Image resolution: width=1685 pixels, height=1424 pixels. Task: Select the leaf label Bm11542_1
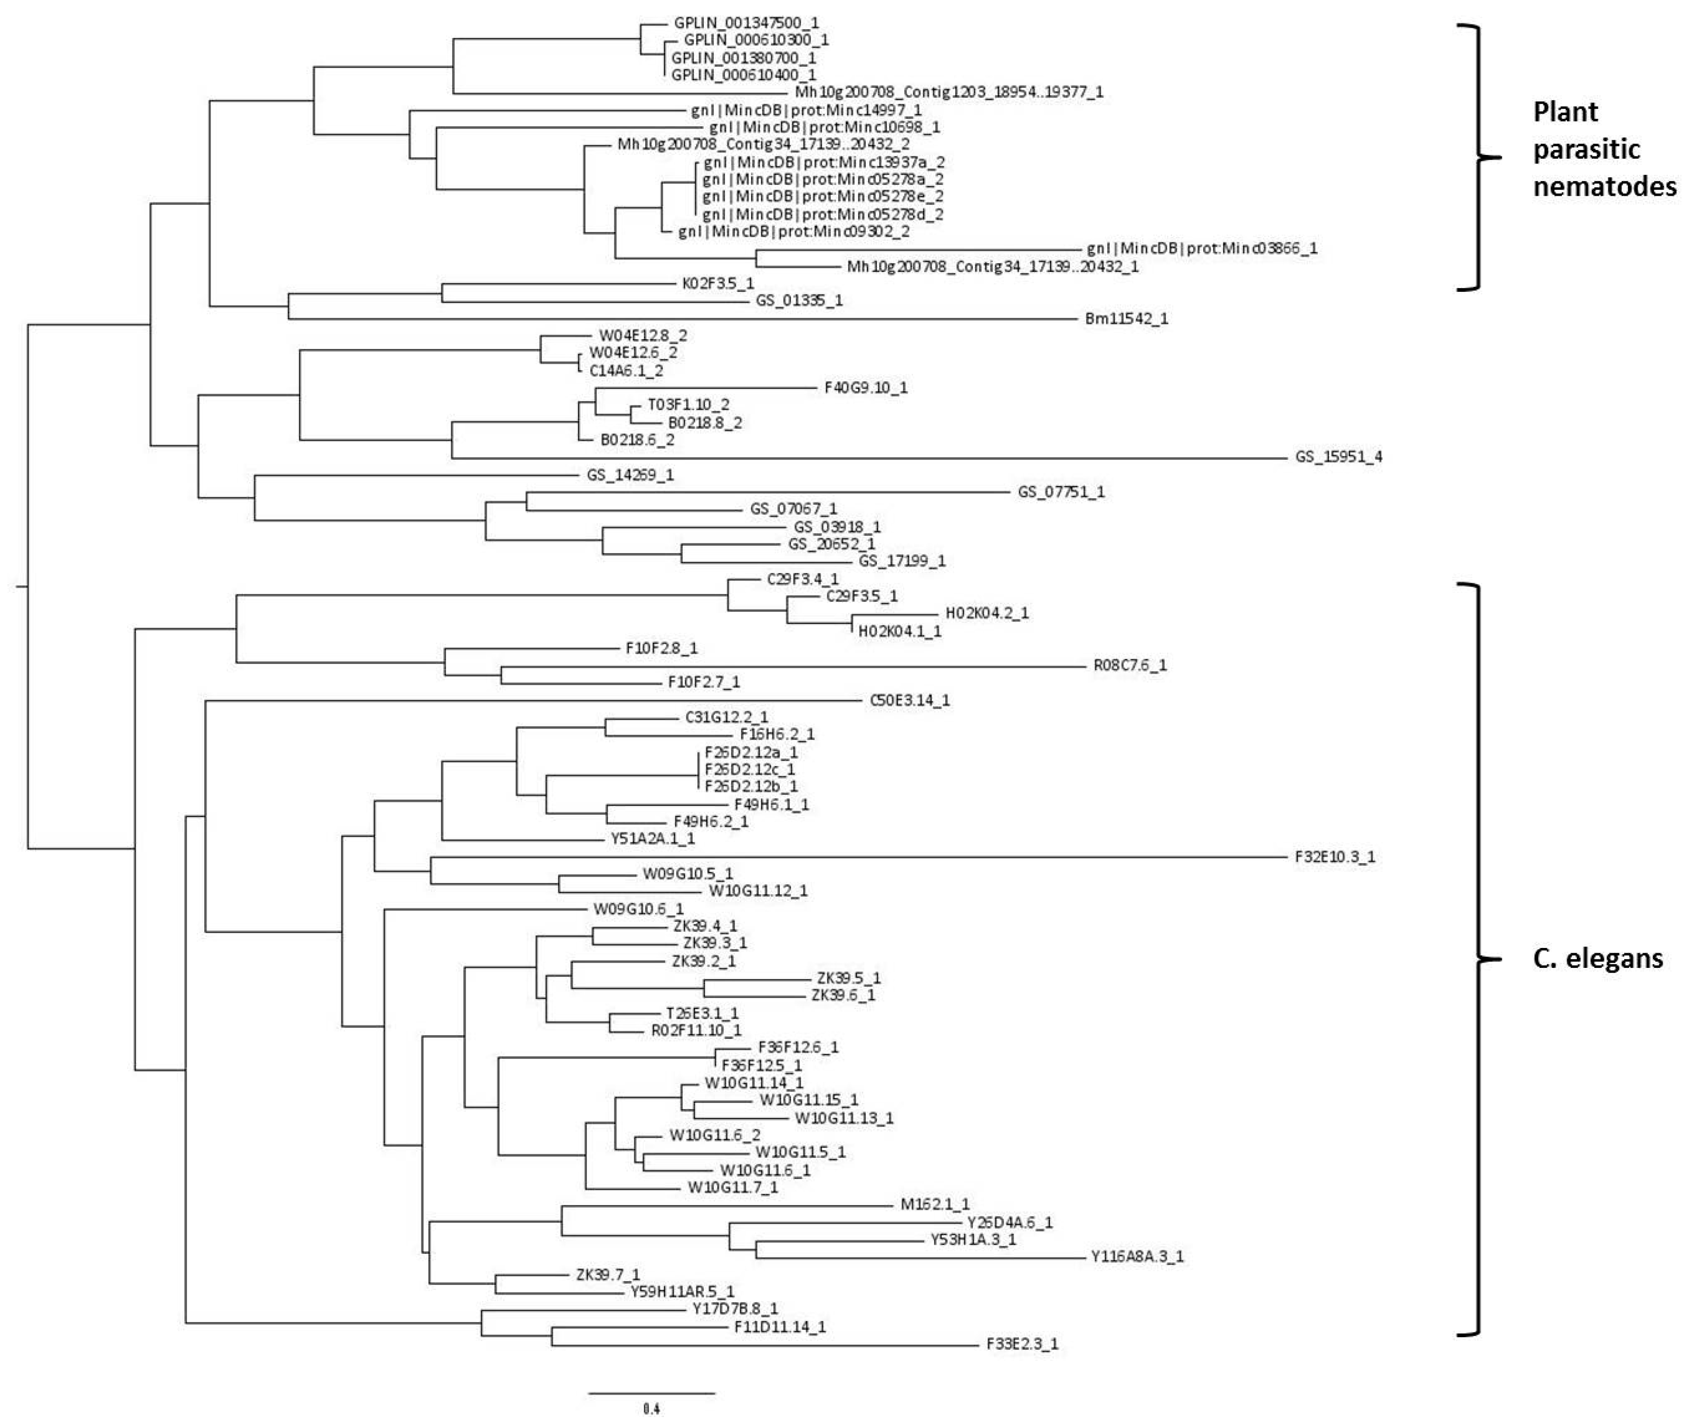(1126, 319)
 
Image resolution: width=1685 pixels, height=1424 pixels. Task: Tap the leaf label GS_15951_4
(1338, 457)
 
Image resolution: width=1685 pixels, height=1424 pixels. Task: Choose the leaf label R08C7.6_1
(1129, 666)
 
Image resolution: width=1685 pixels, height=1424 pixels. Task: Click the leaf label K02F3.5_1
(718, 284)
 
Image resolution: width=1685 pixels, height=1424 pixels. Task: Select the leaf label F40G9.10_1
(866, 388)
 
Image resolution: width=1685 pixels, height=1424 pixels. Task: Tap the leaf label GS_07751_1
(1061, 492)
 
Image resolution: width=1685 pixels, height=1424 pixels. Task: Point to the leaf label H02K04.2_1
(986, 613)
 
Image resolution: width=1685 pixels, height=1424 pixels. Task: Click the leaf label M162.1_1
(935, 1205)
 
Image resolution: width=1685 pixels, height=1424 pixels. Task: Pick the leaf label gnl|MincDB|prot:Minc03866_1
(1201, 249)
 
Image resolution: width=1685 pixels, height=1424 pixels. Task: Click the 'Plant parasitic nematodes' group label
(1603, 149)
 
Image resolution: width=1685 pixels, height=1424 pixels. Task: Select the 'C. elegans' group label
(1597, 958)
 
